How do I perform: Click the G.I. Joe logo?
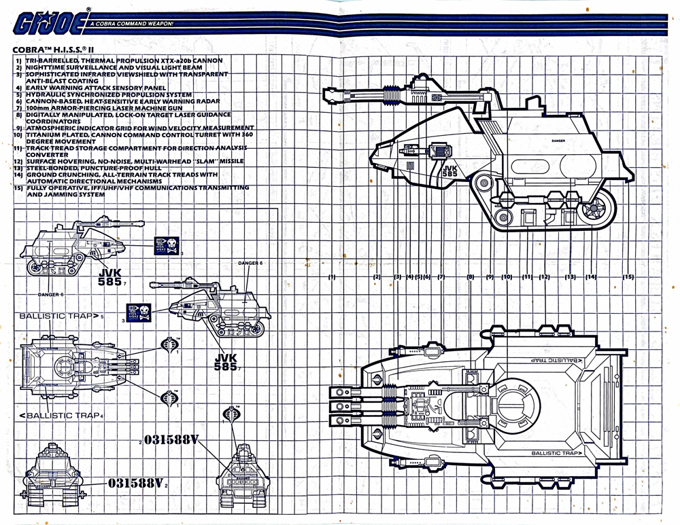42,23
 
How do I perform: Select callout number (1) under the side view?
332,277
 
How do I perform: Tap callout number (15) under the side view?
628,277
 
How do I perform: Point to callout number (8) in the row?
471,277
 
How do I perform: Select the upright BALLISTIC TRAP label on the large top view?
556,453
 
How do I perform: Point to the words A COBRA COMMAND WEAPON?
126,24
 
